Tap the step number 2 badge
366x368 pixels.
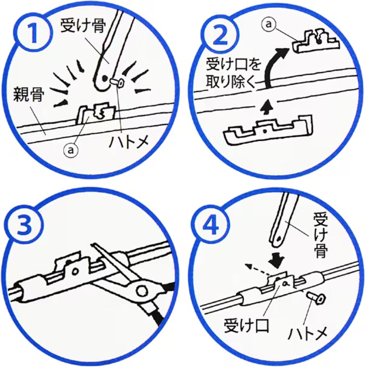219,35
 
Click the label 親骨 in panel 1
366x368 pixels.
28,95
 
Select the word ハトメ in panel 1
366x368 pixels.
129,142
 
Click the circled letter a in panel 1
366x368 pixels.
71,150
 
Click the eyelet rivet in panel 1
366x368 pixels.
117,83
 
